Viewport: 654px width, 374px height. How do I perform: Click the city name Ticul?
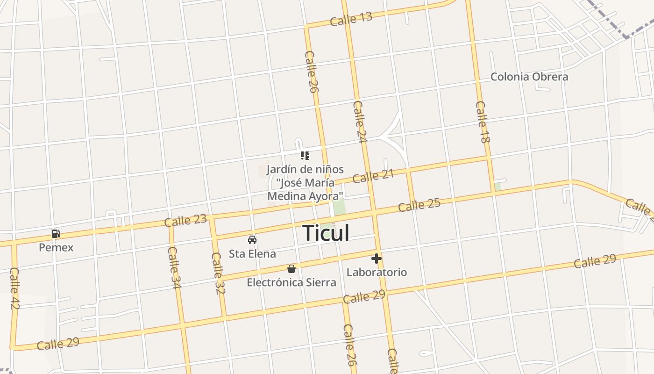(x=326, y=233)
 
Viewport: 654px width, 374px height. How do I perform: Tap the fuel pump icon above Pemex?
(x=56, y=234)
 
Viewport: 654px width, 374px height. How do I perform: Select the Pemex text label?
(x=56, y=247)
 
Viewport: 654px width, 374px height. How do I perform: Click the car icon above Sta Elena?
(x=252, y=240)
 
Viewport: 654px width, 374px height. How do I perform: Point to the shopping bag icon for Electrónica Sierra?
(x=291, y=269)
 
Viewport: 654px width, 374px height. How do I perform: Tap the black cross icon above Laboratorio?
(x=377, y=259)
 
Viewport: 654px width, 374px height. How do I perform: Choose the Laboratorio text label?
(x=377, y=272)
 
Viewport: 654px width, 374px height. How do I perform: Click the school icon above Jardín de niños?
(x=305, y=156)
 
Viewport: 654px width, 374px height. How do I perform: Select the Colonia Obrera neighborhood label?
(x=529, y=77)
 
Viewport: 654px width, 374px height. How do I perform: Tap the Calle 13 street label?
(x=351, y=19)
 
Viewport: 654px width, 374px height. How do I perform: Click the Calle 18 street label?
(x=482, y=122)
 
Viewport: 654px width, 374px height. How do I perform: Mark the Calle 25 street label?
(x=419, y=205)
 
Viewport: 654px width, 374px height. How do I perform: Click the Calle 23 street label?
(x=185, y=220)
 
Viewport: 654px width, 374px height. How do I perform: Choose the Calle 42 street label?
(x=14, y=288)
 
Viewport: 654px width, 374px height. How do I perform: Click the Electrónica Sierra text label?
(x=291, y=282)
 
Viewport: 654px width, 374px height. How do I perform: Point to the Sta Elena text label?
(x=252, y=254)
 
